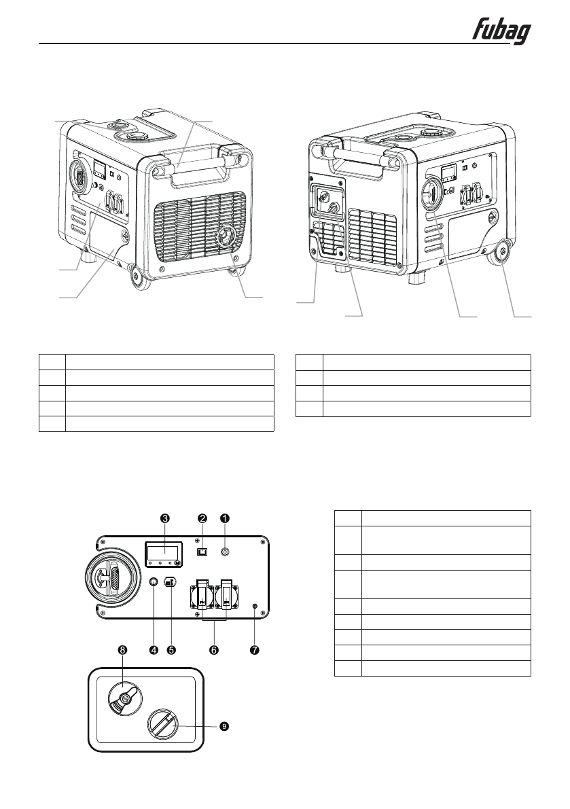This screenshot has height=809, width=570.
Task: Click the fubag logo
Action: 501,31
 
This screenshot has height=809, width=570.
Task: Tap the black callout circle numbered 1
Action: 225,518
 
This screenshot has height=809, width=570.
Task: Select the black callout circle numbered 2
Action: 202,518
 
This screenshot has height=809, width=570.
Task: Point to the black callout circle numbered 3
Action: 164,518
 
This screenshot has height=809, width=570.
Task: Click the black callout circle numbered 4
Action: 154,650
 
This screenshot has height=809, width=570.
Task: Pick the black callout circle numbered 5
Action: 171,650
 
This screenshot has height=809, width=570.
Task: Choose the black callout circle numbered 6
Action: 213,650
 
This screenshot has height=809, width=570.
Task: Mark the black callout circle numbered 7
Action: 255,650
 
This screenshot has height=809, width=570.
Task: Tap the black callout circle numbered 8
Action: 122,650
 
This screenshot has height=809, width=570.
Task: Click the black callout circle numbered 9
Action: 224,726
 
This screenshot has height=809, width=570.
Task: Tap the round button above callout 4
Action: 154,582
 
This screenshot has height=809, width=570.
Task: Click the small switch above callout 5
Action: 171,582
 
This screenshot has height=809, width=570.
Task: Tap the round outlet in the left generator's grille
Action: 224,238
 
